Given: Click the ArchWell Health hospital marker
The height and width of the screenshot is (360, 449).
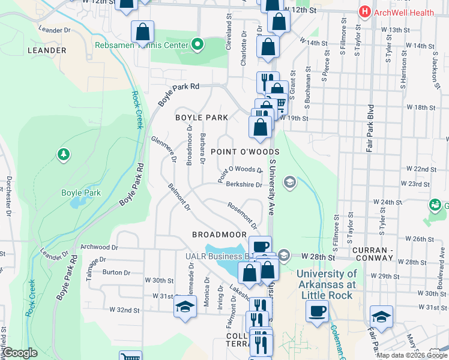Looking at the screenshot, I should [364, 11].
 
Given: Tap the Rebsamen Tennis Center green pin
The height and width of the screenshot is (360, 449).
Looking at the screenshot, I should [197, 44].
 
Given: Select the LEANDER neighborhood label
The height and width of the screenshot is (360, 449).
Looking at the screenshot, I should [47, 50].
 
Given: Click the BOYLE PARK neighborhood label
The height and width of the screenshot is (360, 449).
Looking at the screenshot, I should [202, 118].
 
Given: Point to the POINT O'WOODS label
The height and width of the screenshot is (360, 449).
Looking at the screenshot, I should [237, 152].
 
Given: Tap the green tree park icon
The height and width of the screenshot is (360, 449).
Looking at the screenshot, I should [63, 155].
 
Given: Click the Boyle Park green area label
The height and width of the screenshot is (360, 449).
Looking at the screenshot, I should [81, 193].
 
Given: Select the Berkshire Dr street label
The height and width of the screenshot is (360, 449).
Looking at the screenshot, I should [244, 185].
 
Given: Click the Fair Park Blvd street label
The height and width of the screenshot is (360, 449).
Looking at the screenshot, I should [371, 129].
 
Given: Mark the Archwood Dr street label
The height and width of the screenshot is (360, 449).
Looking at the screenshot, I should [100, 247].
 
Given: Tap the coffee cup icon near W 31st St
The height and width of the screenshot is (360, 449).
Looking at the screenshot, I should [318, 311].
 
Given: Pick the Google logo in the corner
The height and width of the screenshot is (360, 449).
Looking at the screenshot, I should [20, 353].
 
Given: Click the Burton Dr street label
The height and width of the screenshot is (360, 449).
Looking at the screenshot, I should [112, 272].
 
